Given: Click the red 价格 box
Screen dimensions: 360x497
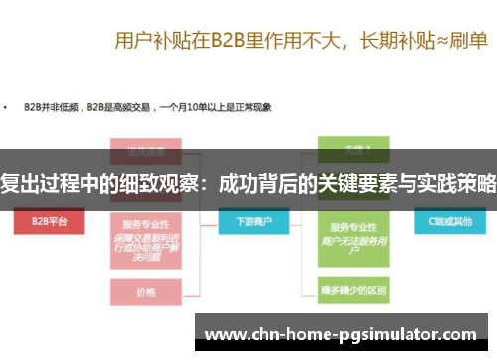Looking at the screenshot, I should [x=145, y=293].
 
